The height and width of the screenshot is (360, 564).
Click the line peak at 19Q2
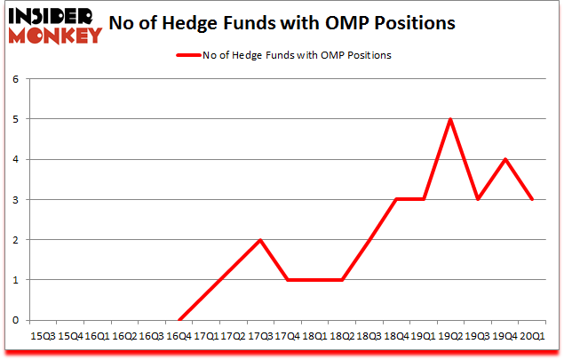(x=451, y=119)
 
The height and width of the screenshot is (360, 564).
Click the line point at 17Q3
(x=260, y=240)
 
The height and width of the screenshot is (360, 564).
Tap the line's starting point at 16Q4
(x=179, y=320)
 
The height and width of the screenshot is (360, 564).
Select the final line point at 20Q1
(x=533, y=200)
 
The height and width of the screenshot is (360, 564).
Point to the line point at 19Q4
(x=505, y=160)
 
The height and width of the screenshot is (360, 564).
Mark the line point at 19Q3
(x=479, y=200)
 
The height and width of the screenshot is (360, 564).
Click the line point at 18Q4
(x=397, y=200)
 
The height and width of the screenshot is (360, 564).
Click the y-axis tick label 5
(x=16, y=119)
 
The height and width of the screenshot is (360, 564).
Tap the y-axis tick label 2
(x=16, y=240)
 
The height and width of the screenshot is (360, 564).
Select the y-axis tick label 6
(x=16, y=79)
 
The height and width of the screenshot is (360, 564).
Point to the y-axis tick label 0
(x=16, y=320)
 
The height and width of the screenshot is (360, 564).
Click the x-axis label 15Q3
(x=43, y=337)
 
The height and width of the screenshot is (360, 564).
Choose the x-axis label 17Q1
(x=206, y=337)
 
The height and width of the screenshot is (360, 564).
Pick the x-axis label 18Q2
(x=342, y=337)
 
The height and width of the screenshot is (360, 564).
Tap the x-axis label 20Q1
(x=533, y=337)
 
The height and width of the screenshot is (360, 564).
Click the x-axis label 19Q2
(x=451, y=337)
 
